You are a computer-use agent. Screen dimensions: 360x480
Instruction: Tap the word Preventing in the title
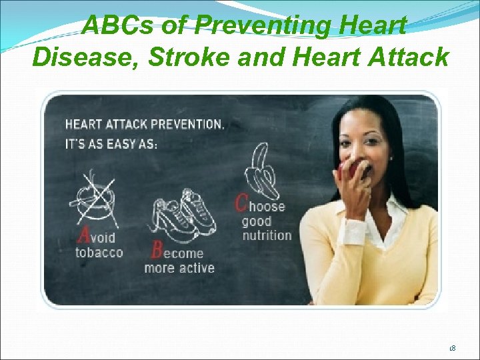[265, 26]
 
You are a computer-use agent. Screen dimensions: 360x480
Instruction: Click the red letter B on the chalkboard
[157, 250]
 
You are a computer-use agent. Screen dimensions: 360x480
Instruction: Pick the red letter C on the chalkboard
[241, 203]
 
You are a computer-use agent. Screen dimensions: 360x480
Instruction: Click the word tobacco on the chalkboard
[99, 253]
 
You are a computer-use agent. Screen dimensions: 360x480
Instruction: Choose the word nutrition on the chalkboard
[267, 235]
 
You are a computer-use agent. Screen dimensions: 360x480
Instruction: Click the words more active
[179, 268]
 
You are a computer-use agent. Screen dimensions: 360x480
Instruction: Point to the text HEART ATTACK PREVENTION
[144, 124]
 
